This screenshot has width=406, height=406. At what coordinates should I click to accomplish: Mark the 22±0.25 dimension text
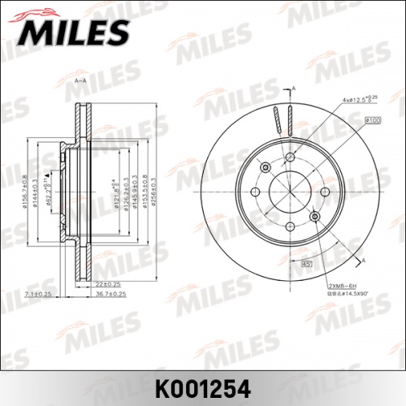(109, 284)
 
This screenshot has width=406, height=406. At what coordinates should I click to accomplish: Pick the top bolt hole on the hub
(289, 157)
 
